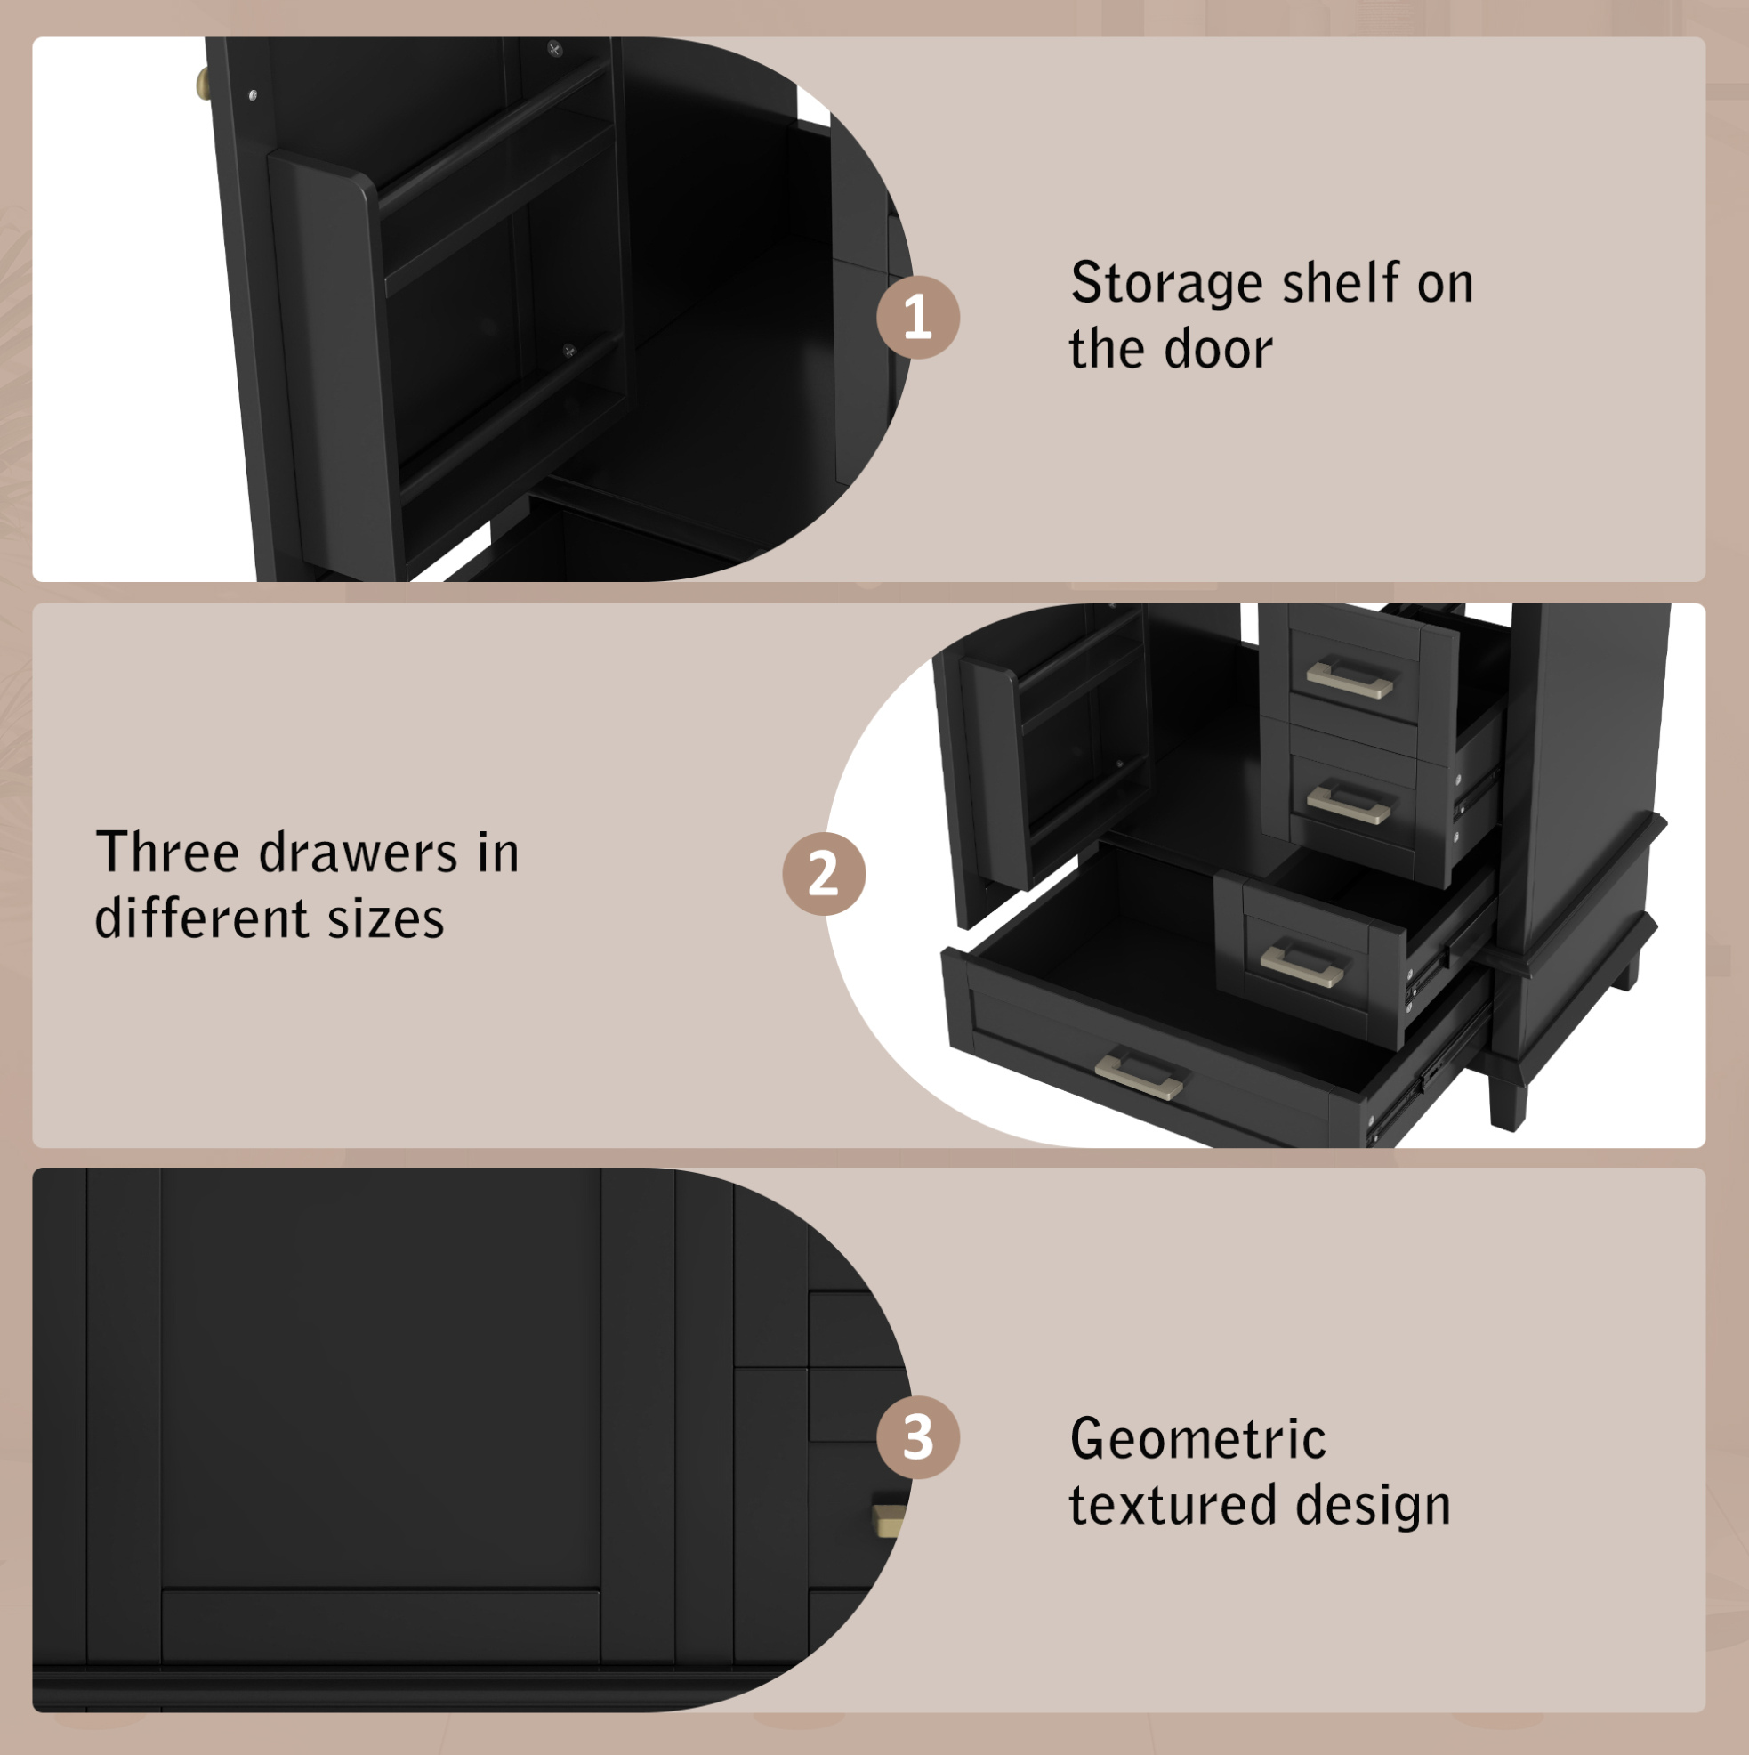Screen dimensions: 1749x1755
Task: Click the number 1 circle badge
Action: pos(917,317)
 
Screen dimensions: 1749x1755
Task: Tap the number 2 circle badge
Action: pos(824,873)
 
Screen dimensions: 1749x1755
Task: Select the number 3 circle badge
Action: pos(917,1438)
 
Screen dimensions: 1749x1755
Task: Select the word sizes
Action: pos(386,918)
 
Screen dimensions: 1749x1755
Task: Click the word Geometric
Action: pos(1197,1439)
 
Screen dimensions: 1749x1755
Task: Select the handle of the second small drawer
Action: pos(1350,804)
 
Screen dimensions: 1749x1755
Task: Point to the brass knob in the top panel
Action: pos(203,84)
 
